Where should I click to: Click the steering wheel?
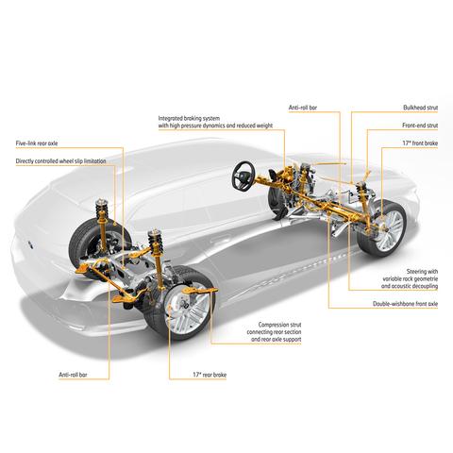[x=243, y=176]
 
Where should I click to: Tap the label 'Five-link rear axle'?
[x=37, y=143]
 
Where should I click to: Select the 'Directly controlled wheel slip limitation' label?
[x=60, y=161]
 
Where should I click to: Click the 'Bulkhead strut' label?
[x=420, y=108]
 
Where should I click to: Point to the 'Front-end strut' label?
[x=420, y=126]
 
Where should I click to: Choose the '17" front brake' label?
[x=420, y=143]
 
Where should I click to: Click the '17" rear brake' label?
[x=210, y=375]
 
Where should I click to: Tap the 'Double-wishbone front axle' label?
[x=405, y=304]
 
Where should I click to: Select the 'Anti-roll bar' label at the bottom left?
[x=73, y=375]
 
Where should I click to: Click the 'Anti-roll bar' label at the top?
[x=303, y=108]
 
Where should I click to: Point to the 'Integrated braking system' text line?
[x=189, y=119]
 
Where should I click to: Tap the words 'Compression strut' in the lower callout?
[x=279, y=325]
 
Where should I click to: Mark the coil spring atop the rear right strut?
[x=155, y=241]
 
